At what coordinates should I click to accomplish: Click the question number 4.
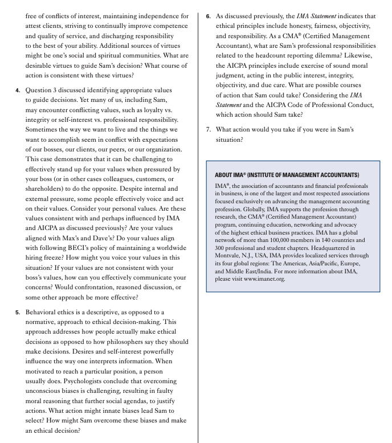[17, 90]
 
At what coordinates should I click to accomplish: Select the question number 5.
[17, 312]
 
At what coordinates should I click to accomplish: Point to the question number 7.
[209, 129]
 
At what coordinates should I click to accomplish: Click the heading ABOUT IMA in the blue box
[287, 175]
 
